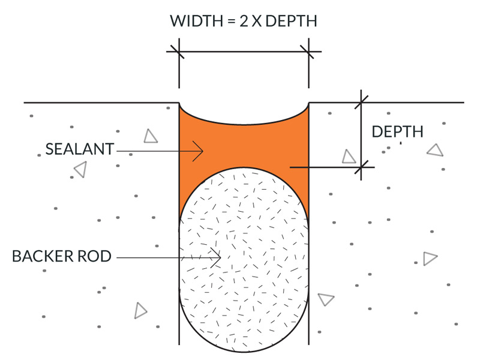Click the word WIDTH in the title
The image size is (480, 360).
tap(197, 21)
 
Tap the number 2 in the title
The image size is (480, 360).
tap(244, 21)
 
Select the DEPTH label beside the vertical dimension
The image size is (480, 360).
tap(397, 131)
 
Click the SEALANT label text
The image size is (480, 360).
tap(80, 149)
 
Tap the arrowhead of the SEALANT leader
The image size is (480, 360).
tap(199, 151)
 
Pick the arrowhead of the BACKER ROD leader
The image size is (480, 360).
tap(216, 258)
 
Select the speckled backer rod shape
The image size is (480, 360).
tap(244, 260)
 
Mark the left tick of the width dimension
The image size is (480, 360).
tap(178, 52)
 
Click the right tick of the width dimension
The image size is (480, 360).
tap(307, 52)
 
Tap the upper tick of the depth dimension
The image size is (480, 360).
tap(361, 102)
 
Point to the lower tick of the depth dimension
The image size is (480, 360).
tap(361, 167)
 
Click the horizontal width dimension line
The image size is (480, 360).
tap(244, 52)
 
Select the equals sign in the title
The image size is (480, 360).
tap(231, 22)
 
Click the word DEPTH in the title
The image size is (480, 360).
tap(291, 21)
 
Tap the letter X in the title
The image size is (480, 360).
tap(257, 21)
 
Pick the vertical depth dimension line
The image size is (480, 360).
tap(361, 134)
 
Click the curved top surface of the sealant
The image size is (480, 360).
tap(244, 124)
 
